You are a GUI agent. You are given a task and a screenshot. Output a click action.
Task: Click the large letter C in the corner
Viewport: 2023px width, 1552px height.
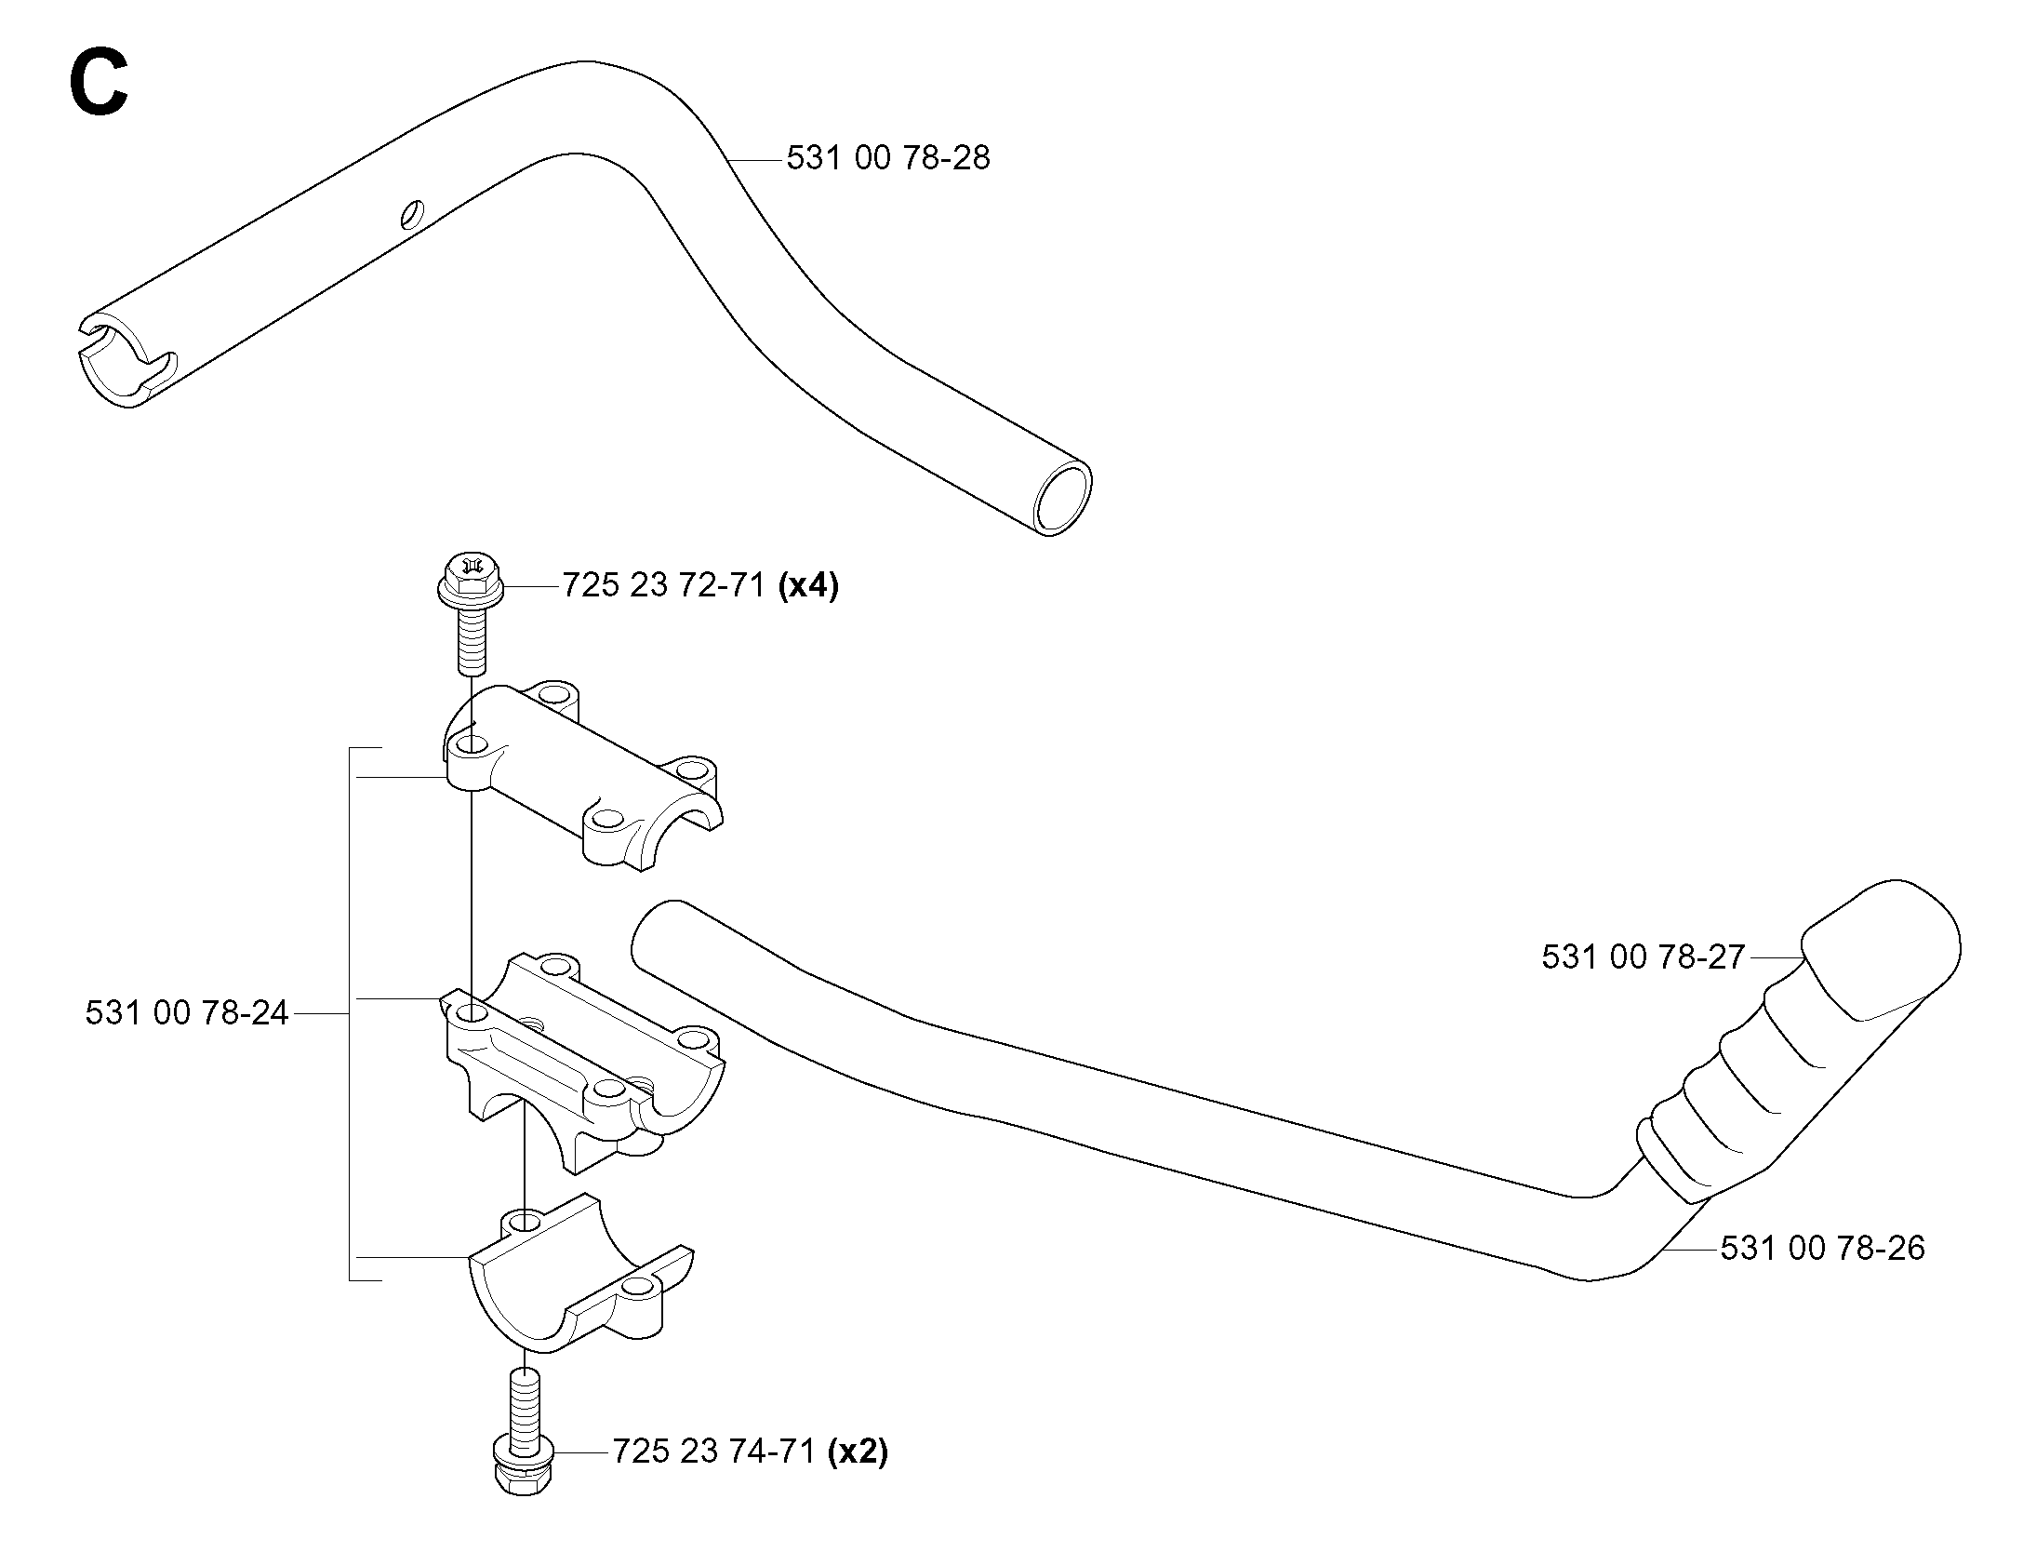point(98,84)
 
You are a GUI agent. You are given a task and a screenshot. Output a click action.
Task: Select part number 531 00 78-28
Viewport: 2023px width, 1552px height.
point(888,158)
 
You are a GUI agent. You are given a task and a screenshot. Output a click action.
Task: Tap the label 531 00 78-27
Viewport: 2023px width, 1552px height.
point(1644,957)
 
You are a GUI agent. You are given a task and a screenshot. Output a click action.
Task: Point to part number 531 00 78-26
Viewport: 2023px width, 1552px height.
point(1823,1248)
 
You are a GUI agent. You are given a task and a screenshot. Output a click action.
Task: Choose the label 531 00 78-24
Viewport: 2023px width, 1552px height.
point(187,1012)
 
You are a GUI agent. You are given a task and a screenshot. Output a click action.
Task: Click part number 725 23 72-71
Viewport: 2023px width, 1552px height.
point(664,585)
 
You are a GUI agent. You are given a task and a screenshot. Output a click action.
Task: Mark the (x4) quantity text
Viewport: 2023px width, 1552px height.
point(808,585)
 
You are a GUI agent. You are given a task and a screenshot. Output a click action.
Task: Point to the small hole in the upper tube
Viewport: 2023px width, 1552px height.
point(410,214)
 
